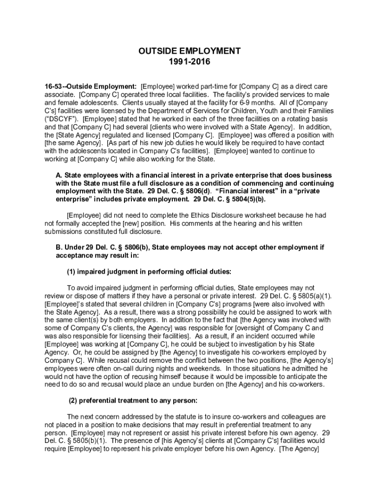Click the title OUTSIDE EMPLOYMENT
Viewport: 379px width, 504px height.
(189, 51)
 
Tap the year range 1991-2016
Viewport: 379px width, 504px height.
(189, 62)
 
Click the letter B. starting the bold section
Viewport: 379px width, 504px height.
(60, 248)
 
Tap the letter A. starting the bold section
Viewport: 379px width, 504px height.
(60, 175)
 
